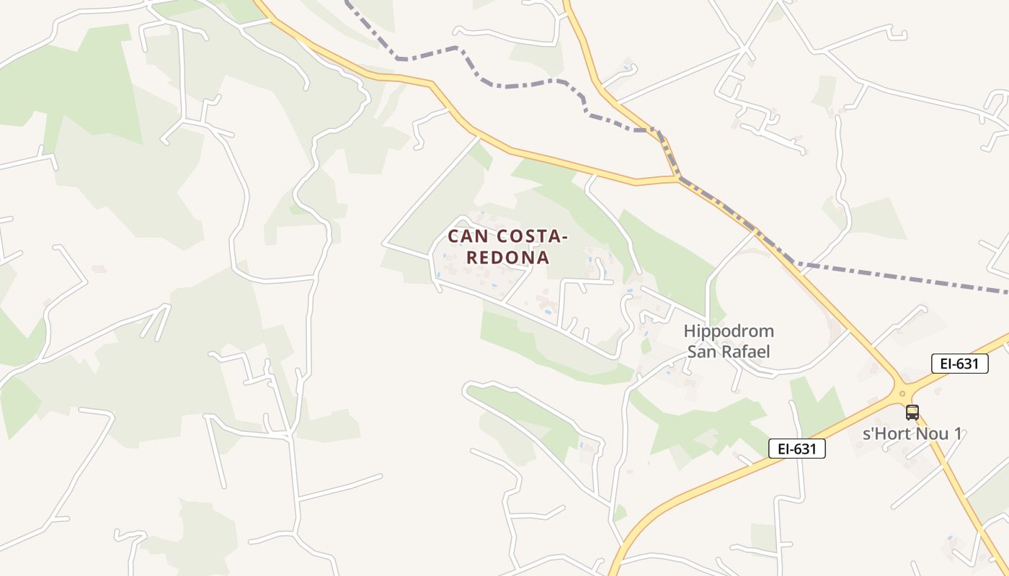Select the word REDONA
tap(507, 257)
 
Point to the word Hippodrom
tap(729, 332)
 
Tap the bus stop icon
tap(912, 413)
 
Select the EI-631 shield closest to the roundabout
tap(959, 364)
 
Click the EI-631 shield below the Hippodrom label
tap(796, 449)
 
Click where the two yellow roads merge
tap(677, 179)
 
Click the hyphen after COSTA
tap(564, 237)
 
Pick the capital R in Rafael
tap(721, 351)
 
